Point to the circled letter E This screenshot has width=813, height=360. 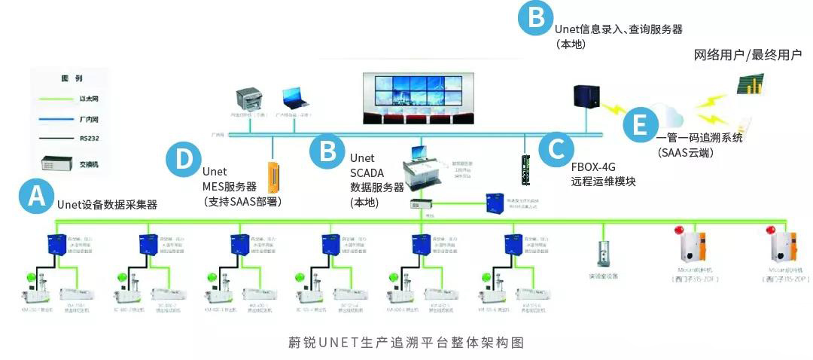pos(639,124)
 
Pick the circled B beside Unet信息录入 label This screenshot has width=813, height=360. pos(536,17)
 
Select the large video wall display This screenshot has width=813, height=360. pos(419,96)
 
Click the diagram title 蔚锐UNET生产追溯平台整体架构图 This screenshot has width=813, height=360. pos(406,342)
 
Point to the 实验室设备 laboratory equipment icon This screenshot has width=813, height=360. pos(601,257)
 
